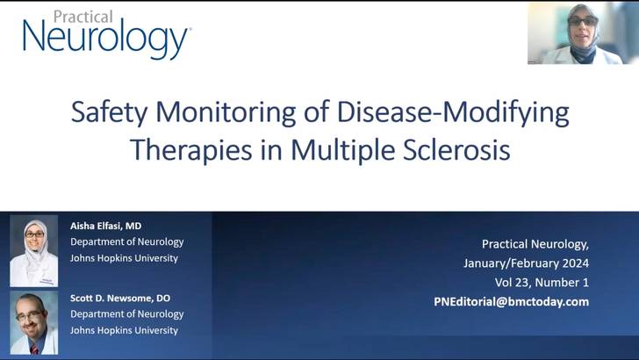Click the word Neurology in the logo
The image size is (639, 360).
(x=105, y=40)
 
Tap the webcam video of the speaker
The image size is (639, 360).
(x=582, y=33)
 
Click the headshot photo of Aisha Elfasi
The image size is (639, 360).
(x=33, y=251)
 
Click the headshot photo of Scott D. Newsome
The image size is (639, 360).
(x=33, y=323)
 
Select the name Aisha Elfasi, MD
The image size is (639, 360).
(x=105, y=226)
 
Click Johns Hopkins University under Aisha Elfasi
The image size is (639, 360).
(x=124, y=258)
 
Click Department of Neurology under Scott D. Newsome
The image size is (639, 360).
(x=127, y=313)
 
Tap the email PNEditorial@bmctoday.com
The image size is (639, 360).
(x=512, y=301)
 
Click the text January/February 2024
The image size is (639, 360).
(x=526, y=263)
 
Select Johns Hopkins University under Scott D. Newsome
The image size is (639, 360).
(x=124, y=330)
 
